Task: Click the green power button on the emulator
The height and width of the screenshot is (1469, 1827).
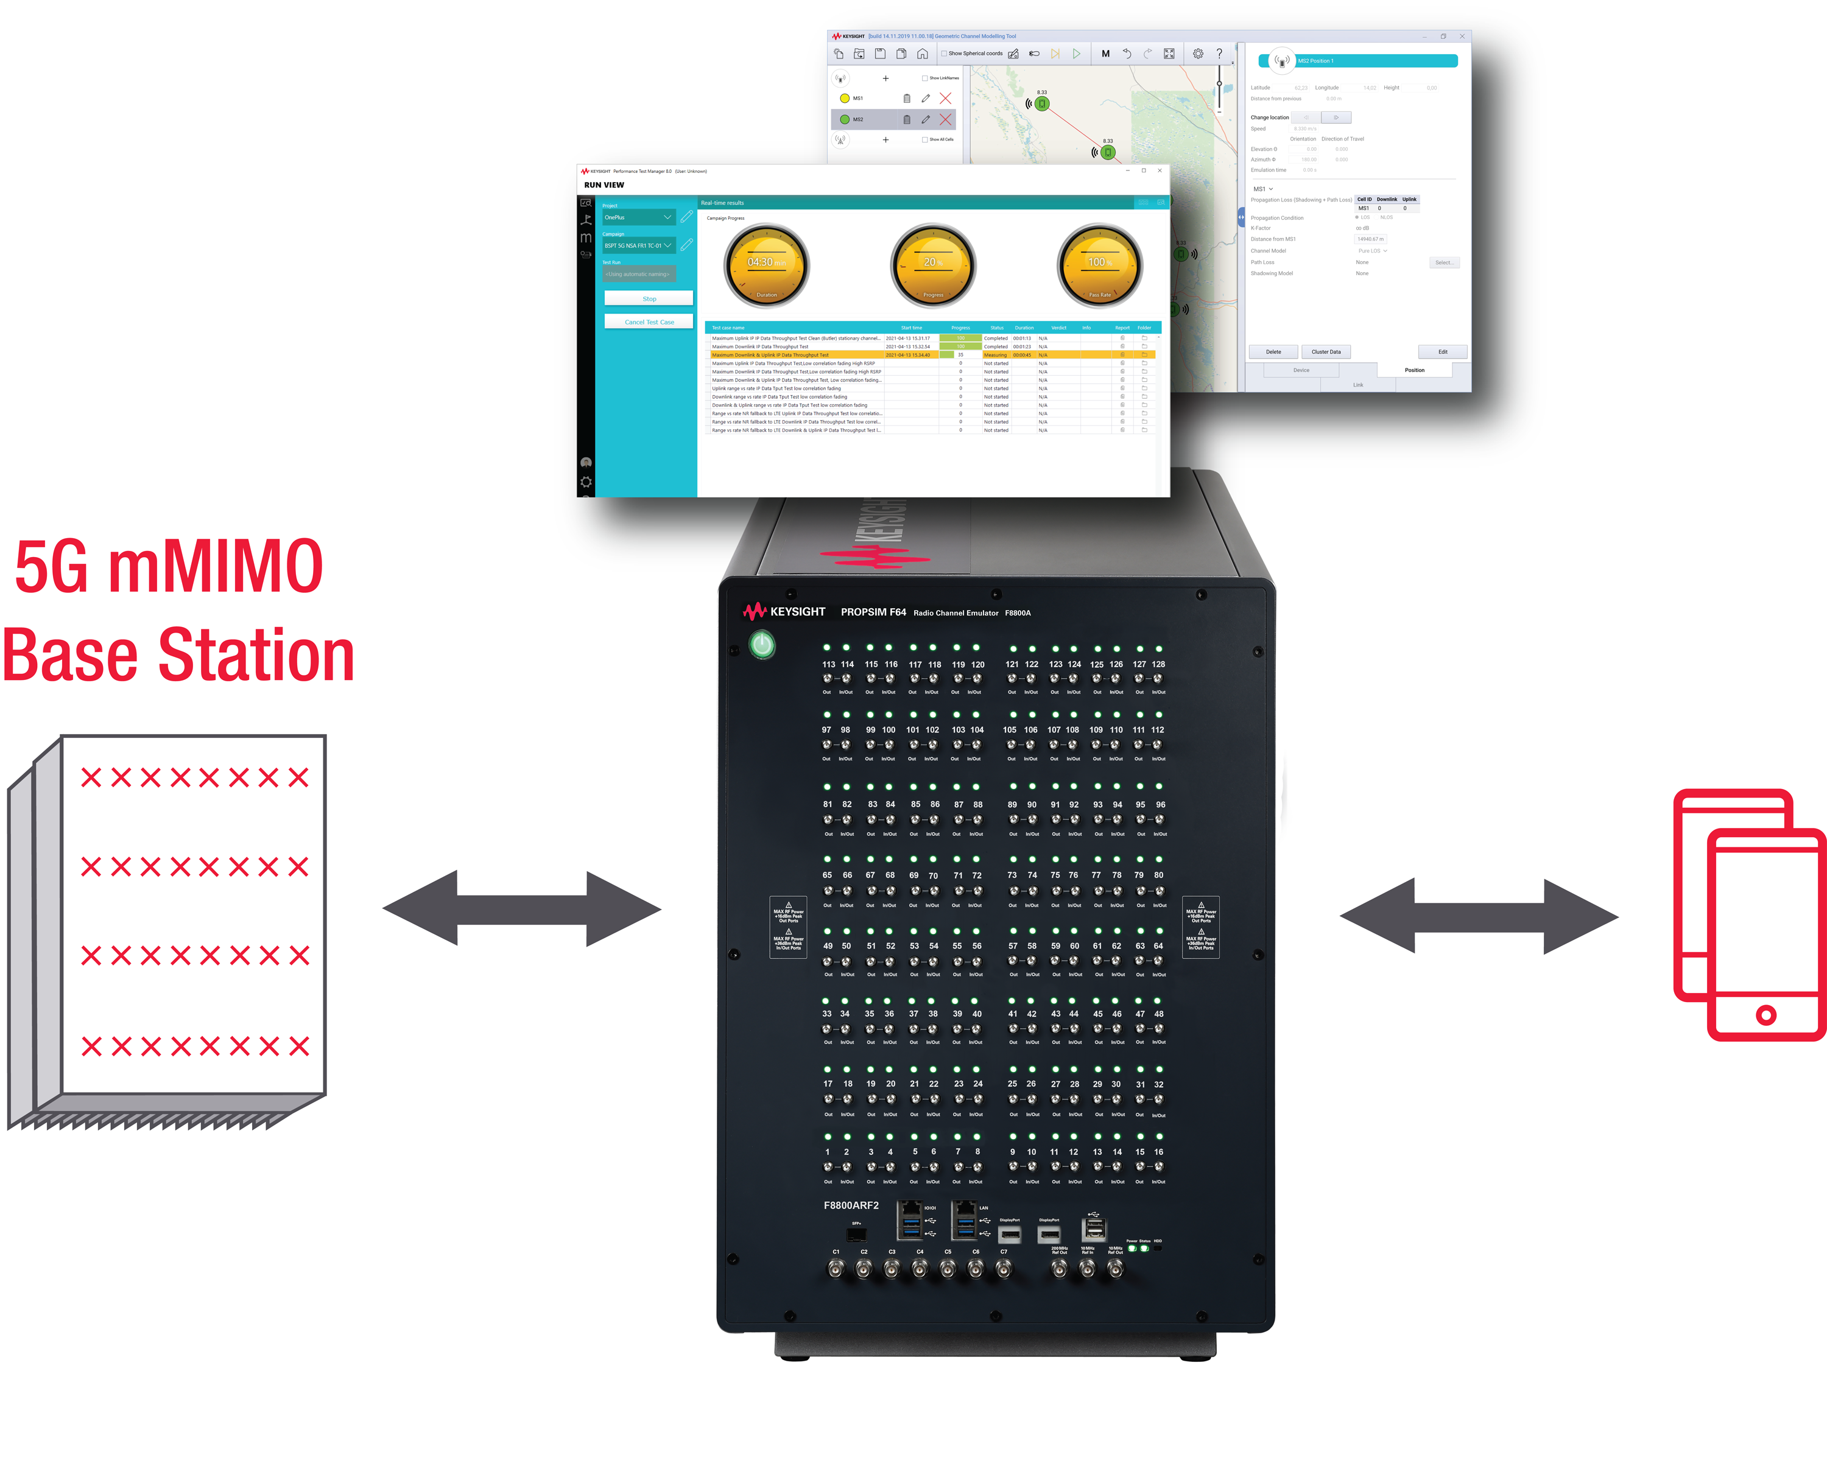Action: [762, 645]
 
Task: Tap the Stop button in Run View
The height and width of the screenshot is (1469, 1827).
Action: [648, 298]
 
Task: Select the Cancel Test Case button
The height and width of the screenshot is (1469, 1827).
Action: [648, 322]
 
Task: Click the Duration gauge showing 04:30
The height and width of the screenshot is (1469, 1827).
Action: [766, 265]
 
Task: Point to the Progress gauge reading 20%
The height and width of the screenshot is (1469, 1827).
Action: [933, 265]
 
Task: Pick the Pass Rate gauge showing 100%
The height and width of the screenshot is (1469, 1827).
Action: [1099, 265]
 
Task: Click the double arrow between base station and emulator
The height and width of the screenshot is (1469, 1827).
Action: [521, 908]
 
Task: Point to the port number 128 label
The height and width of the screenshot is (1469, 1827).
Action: [1158, 664]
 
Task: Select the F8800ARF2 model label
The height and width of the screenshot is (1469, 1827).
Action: [851, 1205]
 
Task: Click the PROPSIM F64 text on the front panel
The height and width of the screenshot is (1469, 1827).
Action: [873, 612]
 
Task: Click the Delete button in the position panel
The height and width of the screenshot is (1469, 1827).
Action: [1273, 352]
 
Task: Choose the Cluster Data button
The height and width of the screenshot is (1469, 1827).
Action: [1325, 352]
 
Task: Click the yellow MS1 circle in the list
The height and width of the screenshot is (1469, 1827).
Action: [844, 98]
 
